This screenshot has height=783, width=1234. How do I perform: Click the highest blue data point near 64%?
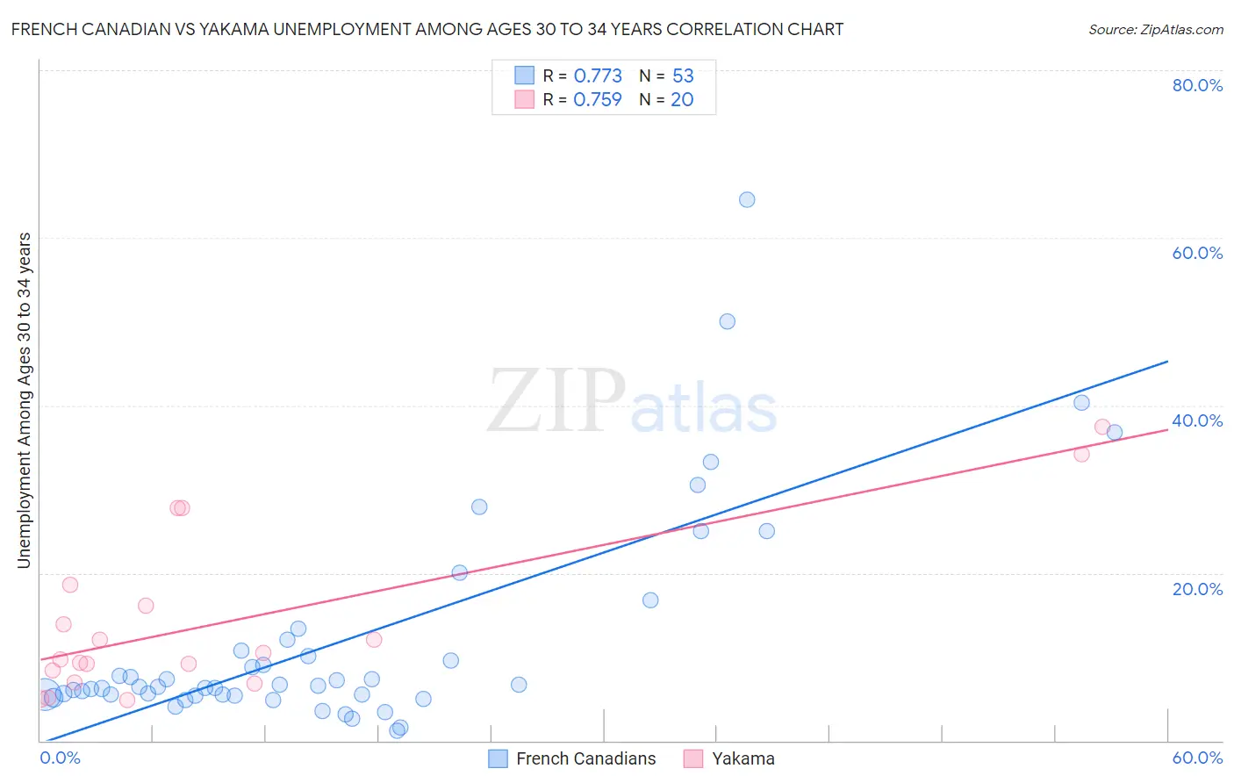coord(747,199)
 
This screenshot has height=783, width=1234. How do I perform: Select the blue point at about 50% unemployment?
coord(727,321)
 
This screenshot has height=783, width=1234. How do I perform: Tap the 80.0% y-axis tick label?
coord(1197,85)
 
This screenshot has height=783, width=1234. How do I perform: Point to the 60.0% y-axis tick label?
coord(1197,253)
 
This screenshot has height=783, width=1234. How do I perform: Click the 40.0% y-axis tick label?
coord(1197,420)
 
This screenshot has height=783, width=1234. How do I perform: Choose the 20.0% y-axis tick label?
coord(1197,589)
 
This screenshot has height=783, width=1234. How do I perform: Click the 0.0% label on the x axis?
coord(60,758)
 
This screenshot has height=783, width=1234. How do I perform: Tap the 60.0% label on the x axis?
coord(1197,758)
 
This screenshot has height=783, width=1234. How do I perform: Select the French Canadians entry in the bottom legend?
coord(585,758)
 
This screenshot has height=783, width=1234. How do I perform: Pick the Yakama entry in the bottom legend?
coord(743,758)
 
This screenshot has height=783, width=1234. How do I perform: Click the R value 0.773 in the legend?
coord(598,75)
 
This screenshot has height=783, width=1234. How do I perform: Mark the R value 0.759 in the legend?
coord(598,99)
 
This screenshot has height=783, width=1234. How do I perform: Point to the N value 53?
coord(683,75)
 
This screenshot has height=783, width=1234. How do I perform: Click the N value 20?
coord(682,99)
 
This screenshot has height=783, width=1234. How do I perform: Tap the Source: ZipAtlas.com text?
coord(1155,29)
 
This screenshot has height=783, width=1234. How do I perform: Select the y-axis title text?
coord(24,400)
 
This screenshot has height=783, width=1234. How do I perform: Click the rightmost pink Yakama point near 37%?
coord(1102,427)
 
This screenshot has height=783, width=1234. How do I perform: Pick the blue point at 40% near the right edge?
coord(1081,403)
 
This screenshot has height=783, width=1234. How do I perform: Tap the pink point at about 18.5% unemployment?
coord(70,585)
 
